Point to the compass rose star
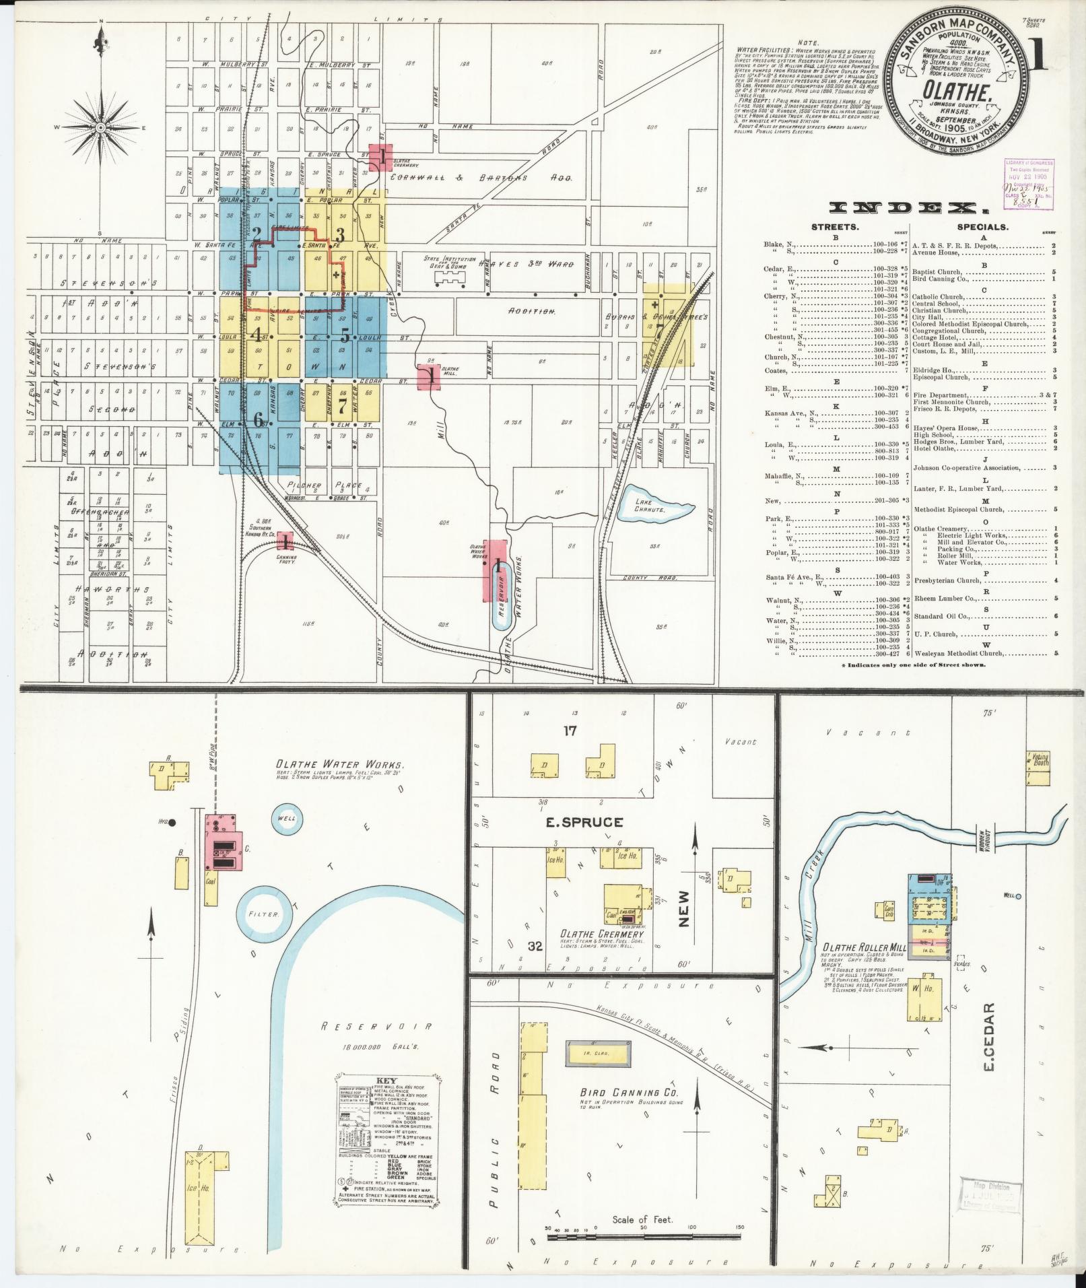pos(100,127)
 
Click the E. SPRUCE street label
pos(584,822)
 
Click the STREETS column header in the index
pos(835,228)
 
